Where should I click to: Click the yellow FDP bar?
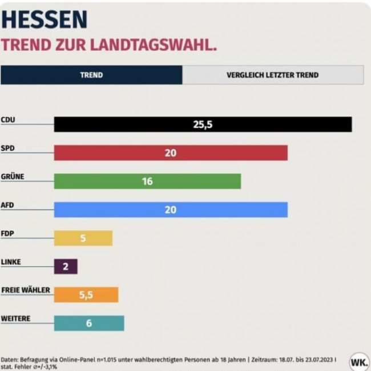pyautogui.click(x=97, y=238)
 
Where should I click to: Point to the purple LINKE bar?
pyautogui.click(x=66, y=267)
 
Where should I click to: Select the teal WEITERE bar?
pyautogui.click(x=108, y=323)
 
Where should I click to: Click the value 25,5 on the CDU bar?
pyautogui.click(x=202, y=124)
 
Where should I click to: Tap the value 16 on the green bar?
pyautogui.click(x=147, y=182)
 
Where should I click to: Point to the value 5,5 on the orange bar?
pyautogui.click(x=86, y=295)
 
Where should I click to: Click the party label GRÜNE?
pyautogui.click(x=13, y=176)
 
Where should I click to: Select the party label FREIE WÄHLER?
pyautogui.click(x=26, y=290)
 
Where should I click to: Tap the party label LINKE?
pyautogui.click(x=11, y=261)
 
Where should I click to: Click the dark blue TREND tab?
pyautogui.click(x=91, y=75)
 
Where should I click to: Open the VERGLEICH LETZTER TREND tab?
pyautogui.click(x=272, y=75)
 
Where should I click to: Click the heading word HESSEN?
pyautogui.click(x=45, y=19)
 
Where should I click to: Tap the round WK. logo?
pyautogui.click(x=358, y=362)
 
